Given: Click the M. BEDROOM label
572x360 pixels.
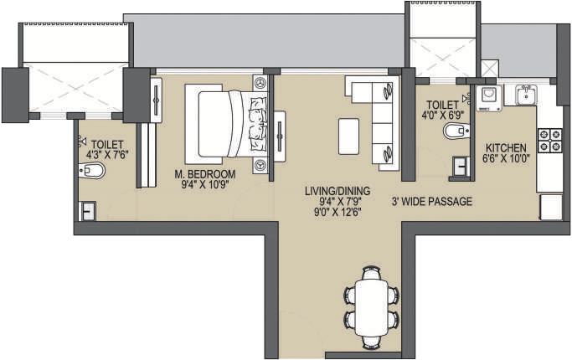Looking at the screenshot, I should [205, 174].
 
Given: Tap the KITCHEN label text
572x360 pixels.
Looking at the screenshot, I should [506, 148].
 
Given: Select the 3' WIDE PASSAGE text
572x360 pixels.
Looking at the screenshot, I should [432, 202].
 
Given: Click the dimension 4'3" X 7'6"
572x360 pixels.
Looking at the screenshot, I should [108, 153].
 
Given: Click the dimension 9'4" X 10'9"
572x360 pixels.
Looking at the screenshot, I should [205, 185].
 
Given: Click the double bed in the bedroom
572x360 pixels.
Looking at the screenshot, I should [225, 124].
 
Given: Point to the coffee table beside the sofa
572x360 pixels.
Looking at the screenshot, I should [348, 136].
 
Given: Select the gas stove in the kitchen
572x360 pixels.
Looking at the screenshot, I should [549, 140].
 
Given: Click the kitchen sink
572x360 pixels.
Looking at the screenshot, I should [526, 95].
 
